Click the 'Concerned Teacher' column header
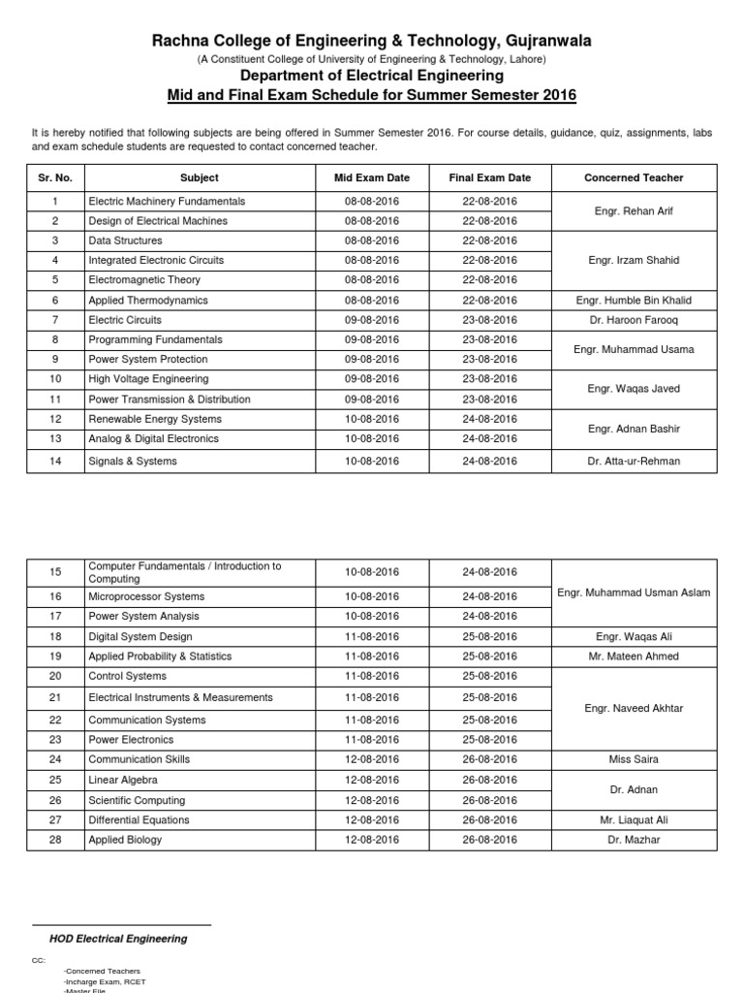point(634,177)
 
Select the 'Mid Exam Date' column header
point(371,177)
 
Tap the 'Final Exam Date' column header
point(490,177)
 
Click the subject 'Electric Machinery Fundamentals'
point(167,202)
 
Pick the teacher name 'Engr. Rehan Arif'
point(634,210)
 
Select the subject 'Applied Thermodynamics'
point(148,301)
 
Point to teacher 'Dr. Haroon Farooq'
point(634,320)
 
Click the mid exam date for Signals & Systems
point(371,462)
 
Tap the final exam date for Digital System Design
point(490,637)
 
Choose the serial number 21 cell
point(54,698)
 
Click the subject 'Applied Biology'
point(125,840)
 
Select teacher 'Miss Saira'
point(634,760)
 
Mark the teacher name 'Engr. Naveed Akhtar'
point(634,709)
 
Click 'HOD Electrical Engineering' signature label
point(118,939)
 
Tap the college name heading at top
point(371,40)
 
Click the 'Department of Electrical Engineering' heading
point(371,75)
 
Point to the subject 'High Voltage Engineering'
point(148,379)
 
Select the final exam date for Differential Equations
point(490,820)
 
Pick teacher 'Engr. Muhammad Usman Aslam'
point(634,593)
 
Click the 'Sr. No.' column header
point(54,177)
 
